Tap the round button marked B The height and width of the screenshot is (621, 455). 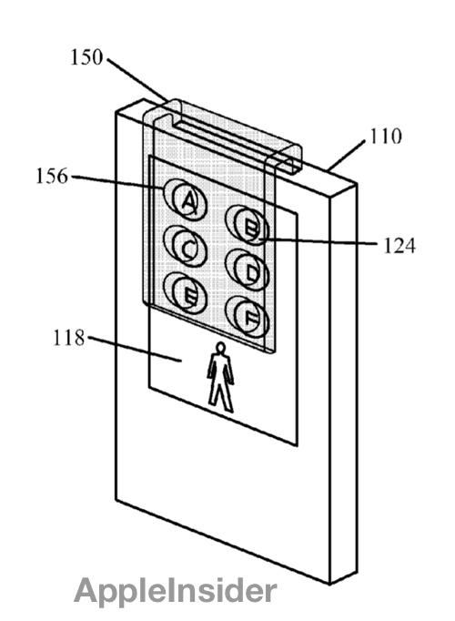pyautogui.click(x=248, y=225)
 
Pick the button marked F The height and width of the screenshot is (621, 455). pyautogui.click(x=248, y=317)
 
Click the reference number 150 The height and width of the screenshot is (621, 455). pyautogui.click(x=86, y=57)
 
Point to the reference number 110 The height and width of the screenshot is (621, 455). pyautogui.click(x=385, y=137)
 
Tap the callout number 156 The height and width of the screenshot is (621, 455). pyautogui.click(x=52, y=176)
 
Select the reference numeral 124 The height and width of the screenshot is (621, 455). pyautogui.click(x=399, y=246)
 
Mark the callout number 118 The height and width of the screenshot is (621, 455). pyautogui.click(x=69, y=338)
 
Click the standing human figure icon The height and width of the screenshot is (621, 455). pyautogui.click(x=220, y=378)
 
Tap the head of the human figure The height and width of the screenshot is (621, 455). pyautogui.click(x=220, y=347)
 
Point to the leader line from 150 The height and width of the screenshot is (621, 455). pyautogui.click(x=137, y=79)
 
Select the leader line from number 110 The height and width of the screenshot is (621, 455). pyautogui.click(x=347, y=155)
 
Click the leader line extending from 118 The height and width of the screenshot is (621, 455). pyautogui.click(x=135, y=349)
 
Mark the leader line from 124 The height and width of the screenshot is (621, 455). pyautogui.click(x=318, y=241)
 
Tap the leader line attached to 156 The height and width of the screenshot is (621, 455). pyautogui.click(x=117, y=182)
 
